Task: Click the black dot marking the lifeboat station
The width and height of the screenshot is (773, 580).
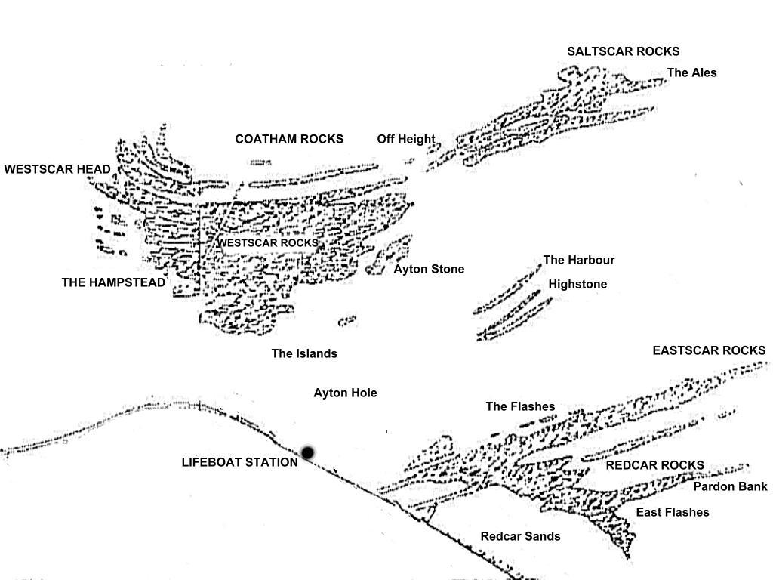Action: point(308,452)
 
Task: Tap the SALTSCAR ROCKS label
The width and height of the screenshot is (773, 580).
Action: point(623,51)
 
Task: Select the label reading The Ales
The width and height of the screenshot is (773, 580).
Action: point(691,72)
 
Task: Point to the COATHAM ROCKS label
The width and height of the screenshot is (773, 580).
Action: point(289,139)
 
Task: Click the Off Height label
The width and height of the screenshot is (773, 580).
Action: point(406,140)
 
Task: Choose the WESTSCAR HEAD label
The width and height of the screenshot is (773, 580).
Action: point(57,169)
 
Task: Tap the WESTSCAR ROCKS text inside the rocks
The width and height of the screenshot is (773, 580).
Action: point(269,243)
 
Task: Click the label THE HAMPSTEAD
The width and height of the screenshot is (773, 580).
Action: point(113,282)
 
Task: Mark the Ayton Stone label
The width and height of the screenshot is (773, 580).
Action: point(429,270)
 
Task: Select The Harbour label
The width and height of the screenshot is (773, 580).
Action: point(579,260)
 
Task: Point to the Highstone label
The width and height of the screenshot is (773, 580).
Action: point(577,285)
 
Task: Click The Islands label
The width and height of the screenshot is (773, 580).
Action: point(304,353)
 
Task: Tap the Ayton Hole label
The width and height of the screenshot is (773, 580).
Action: point(345,393)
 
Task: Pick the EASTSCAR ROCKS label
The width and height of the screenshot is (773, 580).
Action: point(709,350)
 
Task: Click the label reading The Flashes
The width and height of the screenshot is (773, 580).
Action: point(520,406)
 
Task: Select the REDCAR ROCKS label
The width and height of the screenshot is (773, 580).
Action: point(654,465)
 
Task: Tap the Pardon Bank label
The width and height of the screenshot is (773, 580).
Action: point(730,487)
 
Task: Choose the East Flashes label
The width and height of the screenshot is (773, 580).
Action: point(673,512)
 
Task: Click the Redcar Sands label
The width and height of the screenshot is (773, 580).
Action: point(520,536)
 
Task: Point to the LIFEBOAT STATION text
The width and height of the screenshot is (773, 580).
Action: point(239,462)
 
